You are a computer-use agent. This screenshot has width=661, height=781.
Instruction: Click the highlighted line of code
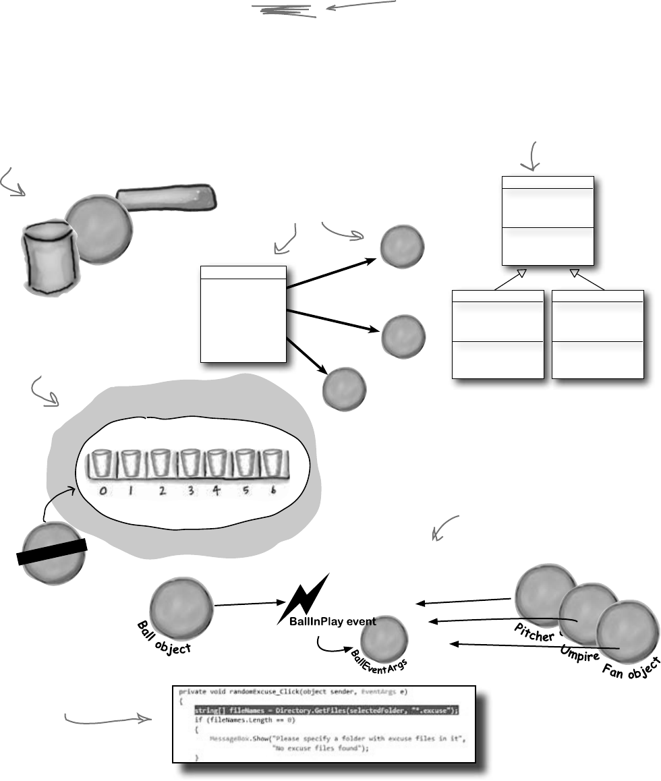tap(326, 710)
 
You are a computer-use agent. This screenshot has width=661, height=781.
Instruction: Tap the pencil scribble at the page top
tap(283, 9)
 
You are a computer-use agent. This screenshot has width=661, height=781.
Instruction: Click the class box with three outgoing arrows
tap(243, 314)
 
